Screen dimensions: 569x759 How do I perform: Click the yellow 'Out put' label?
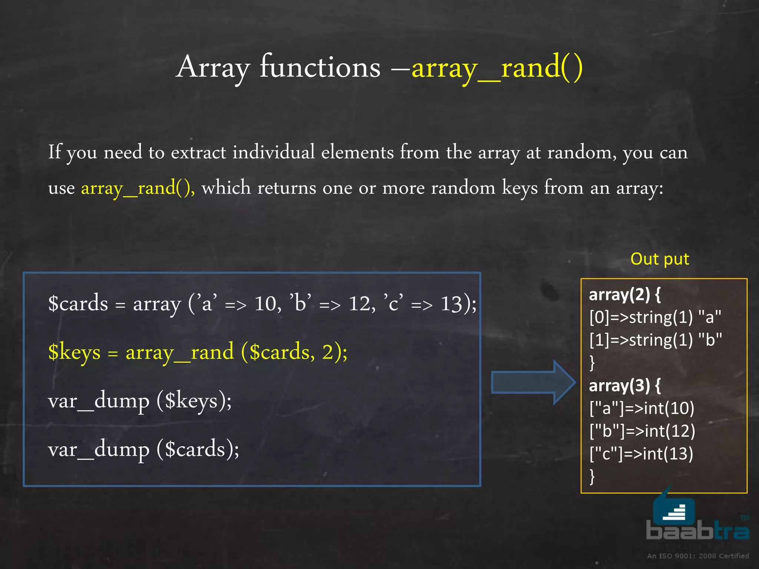tap(660, 259)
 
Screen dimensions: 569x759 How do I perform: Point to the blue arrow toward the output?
tap(533, 382)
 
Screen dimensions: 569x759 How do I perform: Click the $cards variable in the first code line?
tap(78, 303)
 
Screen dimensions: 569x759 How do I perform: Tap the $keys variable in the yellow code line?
tap(74, 352)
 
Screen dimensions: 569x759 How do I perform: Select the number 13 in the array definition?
tap(451, 304)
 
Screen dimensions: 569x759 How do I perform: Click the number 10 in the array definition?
tap(266, 304)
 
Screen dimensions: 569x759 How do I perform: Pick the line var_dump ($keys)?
tap(140, 401)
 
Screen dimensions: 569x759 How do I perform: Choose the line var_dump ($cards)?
tap(143, 450)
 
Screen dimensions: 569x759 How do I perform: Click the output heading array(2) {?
tap(625, 295)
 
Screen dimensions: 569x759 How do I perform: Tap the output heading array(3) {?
tap(625, 386)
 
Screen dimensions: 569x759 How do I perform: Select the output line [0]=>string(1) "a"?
tap(655, 317)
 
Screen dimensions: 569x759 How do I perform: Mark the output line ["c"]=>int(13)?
tap(641, 454)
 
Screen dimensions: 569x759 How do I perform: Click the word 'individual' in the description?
tap(274, 152)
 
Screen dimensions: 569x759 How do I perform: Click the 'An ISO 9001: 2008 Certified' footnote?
tap(698, 556)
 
